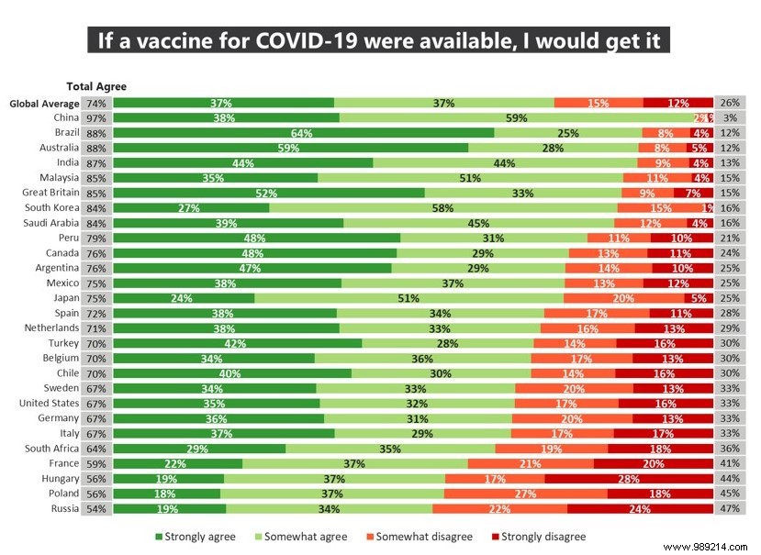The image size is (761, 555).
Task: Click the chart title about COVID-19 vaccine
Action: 380,40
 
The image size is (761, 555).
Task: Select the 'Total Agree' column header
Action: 96,86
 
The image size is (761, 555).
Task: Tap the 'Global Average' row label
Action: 44,104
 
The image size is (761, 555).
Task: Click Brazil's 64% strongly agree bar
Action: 303,133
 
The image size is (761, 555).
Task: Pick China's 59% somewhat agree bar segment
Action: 516,118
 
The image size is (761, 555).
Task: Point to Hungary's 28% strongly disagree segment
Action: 628,479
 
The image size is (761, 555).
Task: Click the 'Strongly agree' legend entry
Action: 194,537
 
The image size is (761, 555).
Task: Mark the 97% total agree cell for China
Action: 96,118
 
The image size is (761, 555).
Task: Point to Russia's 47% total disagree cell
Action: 730,508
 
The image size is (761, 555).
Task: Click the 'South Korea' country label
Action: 50,207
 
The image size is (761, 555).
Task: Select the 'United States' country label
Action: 49,403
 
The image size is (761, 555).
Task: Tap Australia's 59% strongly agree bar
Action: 290,148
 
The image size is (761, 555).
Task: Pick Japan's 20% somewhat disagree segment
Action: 623,298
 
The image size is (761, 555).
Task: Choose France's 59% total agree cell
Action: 96,463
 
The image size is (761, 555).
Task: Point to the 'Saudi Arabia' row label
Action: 50,223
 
